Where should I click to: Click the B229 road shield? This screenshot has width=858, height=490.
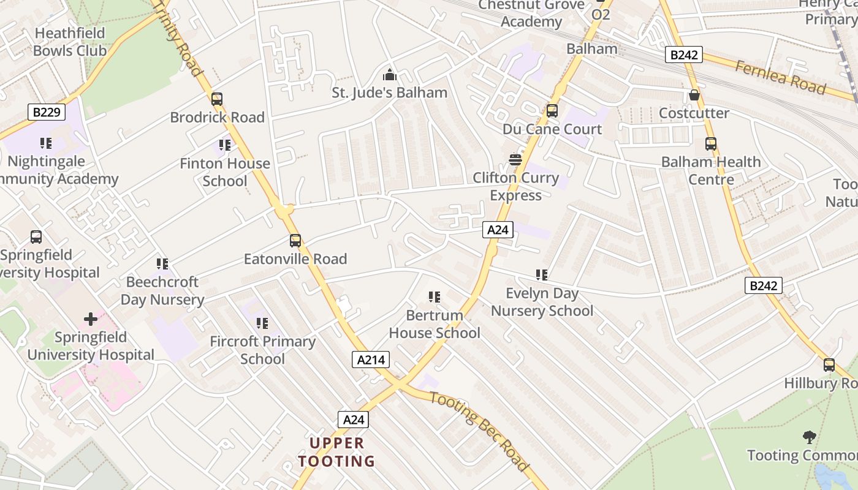pyautogui.click(x=47, y=112)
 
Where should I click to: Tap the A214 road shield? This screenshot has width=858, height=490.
pyautogui.click(x=371, y=360)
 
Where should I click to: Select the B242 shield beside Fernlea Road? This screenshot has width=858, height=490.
pyautogui.click(x=683, y=55)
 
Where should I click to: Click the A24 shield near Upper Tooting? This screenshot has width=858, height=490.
pyautogui.click(x=354, y=420)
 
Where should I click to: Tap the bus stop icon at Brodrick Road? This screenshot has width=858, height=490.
pyautogui.click(x=216, y=99)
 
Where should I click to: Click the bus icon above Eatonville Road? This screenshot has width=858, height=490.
pyautogui.click(x=295, y=241)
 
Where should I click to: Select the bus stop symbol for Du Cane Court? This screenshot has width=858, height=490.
pyautogui.click(x=552, y=111)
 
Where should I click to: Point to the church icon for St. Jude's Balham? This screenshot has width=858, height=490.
pyautogui.click(x=389, y=75)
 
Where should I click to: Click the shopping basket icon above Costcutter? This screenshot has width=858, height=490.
pyautogui.click(x=694, y=96)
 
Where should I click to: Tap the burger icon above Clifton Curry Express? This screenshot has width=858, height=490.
pyautogui.click(x=515, y=160)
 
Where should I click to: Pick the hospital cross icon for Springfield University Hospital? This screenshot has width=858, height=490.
pyautogui.click(x=91, y=319)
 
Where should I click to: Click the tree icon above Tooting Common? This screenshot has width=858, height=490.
pyautogui.click(x=809, y=437)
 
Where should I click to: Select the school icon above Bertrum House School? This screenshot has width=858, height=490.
pyautogui.click(x=435, y=298)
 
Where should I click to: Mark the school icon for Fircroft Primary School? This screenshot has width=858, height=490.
pyautogui.click(x=262, y=323)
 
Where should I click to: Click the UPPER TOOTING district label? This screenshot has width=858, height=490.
pyautogui.click(x=336, y=452)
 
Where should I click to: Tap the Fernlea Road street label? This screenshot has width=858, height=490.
pyautogui.click(x=780, y=77)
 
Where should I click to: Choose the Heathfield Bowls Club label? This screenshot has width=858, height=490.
pyautogui.click(x=69, y=42)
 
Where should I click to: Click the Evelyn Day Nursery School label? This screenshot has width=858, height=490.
pyautogui.click(x=542, y=302)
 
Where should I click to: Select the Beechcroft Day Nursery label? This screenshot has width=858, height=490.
pyautogui.click(x=162, y=291)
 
